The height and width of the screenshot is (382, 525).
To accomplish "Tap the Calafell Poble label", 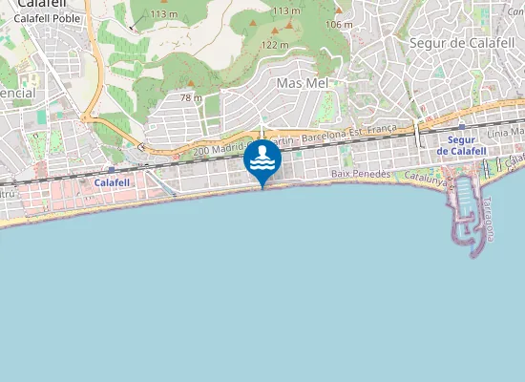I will coord(47,18).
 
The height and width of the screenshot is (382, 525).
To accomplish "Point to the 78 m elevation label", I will coord(191,97).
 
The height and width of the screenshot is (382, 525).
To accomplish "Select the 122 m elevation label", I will coord(275,45).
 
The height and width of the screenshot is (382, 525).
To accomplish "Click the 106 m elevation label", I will coord(339,24).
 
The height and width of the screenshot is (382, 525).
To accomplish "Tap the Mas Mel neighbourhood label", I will coord(302,83).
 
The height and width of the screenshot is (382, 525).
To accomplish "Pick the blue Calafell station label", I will coord(112,181).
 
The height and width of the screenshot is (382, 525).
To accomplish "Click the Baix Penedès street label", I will coord(361,174).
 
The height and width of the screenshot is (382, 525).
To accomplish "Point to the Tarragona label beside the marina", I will coord(488,219).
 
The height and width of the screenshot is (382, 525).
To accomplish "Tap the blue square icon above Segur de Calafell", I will coord(462,126).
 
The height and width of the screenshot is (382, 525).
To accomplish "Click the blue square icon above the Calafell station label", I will coord(112,170).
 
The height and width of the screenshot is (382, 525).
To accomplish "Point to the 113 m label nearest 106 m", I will coord(285,11).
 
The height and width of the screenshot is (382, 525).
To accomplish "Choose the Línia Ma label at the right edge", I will coord(506,131).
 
